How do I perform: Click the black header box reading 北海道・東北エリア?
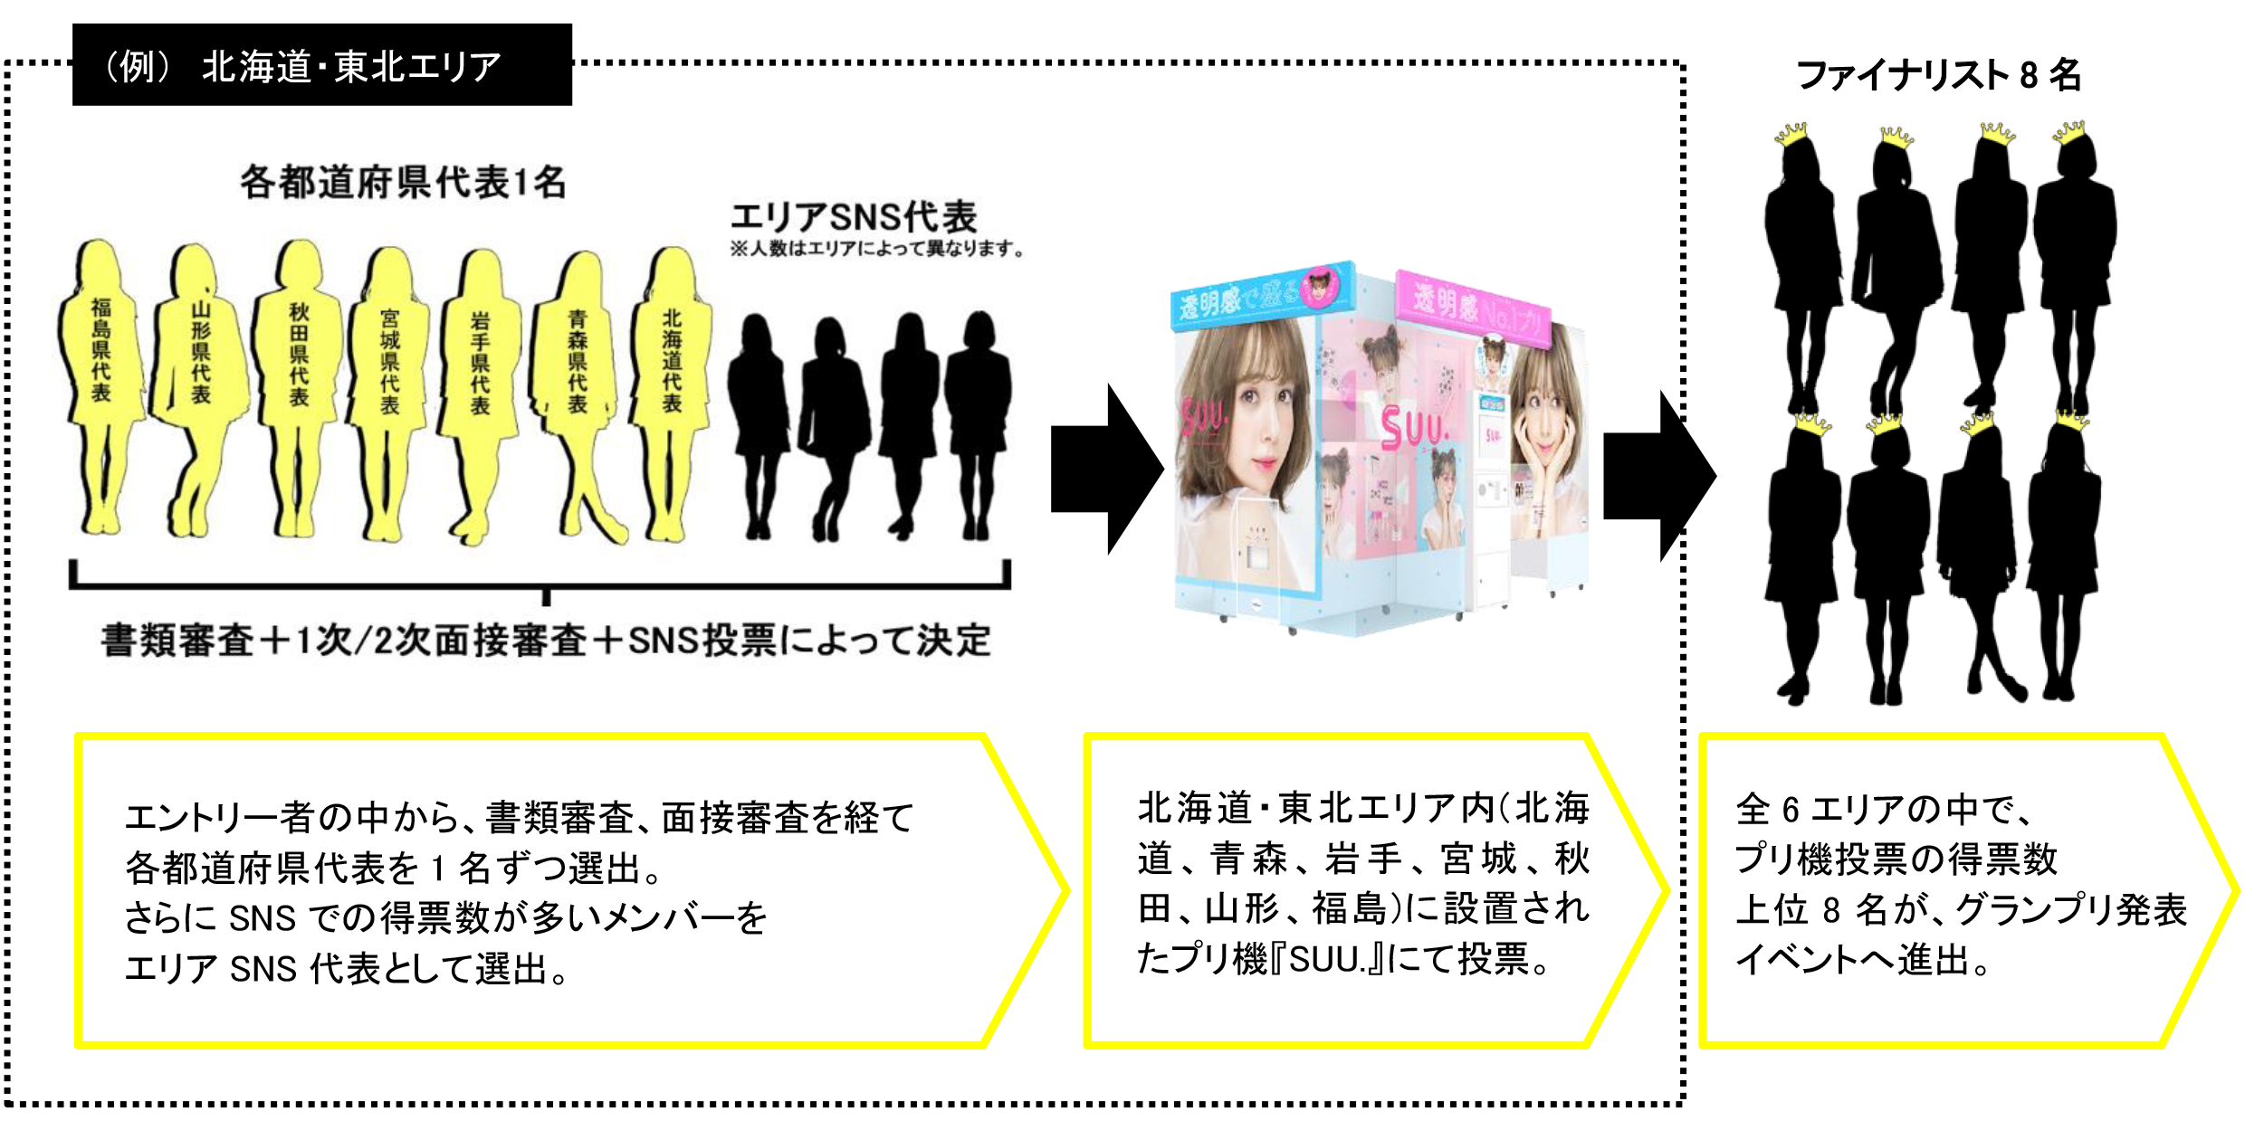coord(321,65)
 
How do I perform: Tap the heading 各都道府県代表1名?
coord(403,182)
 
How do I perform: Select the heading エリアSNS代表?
coord(853,217)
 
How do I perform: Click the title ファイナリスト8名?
coord(1938,74)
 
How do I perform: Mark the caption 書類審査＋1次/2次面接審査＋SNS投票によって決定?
coord(546,641)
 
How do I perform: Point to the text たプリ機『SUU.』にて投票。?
coord(1344,958)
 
